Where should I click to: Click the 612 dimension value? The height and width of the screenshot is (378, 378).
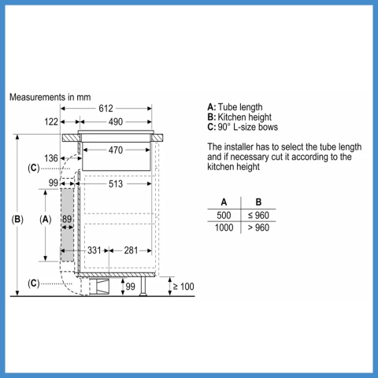coord(106,109)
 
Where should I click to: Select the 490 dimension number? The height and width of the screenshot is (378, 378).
coord(116,122)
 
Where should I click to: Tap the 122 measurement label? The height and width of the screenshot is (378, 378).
coord(51,122)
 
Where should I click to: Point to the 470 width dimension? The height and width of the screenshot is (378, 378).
coord(116,150)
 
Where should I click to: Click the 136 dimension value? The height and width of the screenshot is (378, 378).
coord(51,158)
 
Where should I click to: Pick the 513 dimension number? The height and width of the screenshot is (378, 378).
coord(116,184)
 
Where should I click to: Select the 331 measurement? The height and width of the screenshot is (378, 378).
coord(94,250)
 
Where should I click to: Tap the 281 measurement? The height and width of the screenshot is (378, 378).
coord(131,250)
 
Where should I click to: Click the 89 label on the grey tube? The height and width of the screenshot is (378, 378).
coord(67,219)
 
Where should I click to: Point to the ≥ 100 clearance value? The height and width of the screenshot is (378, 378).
coord(183,287)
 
